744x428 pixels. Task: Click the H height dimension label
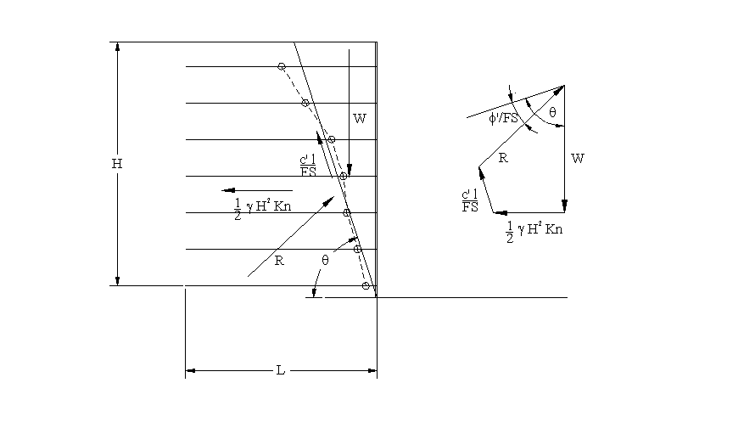click(117, 164)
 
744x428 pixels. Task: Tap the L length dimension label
click(281, 370)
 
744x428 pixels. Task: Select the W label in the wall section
click(360, 118)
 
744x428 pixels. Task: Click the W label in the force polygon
click(578, 158)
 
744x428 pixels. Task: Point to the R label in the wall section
click(279, 261)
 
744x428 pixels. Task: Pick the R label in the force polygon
click(503, 158)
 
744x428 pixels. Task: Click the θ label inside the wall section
click(325, 260)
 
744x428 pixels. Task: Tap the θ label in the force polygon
click(552, 113)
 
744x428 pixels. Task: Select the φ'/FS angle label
click(503, 118)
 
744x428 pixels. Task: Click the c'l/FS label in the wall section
click(308, 166)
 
